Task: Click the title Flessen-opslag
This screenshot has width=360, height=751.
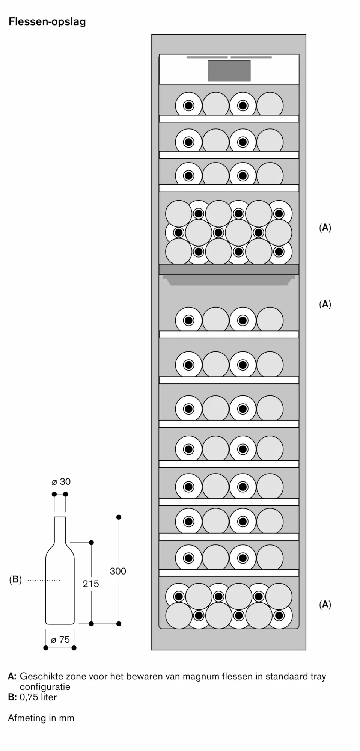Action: tap(47, 22)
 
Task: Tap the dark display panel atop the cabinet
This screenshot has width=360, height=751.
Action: tap(229, 71)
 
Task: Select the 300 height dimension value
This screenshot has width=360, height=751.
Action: tap(118, 571)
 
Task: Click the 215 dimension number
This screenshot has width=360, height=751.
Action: tap(91, 584)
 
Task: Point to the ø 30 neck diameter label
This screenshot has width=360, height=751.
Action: tap(61, 481)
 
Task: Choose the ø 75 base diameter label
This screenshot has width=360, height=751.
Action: tap(60, 640)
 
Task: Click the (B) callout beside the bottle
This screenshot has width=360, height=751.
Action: tap(15, 579)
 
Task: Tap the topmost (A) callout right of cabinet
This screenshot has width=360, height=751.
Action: tap(325, 228)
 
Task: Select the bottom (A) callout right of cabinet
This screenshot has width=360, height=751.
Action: tap(325, 604)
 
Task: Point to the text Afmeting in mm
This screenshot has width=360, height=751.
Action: tap(41, 718)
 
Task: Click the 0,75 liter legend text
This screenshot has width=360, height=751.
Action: tap(38, 697)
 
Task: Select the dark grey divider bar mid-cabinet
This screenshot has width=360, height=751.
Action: tap(229, 269)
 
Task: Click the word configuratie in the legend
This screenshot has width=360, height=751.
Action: tap(45, 686)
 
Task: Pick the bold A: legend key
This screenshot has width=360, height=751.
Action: tap(12, 676)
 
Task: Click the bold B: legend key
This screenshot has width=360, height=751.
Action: tap(12, 697)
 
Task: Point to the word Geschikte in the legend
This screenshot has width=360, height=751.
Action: tap(42, 676)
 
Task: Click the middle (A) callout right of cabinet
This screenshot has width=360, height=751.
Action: tap(325, 304)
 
